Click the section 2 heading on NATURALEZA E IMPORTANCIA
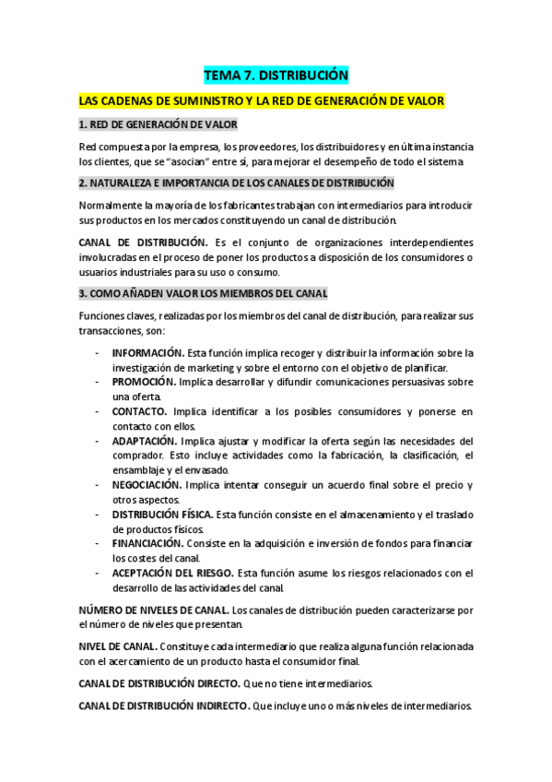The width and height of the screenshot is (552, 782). click(237, 183)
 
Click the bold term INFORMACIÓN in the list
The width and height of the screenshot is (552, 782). click(147, 352)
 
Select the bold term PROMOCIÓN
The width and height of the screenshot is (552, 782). click(144, 381)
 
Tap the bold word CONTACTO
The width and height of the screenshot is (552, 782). click(139, 410)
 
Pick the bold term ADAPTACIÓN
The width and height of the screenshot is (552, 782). click(145, 440)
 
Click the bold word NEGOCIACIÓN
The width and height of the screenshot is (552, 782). click(147, 484)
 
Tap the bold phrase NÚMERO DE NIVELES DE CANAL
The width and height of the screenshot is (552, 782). click(154, 610)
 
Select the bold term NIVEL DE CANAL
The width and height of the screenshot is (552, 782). click(117, 646)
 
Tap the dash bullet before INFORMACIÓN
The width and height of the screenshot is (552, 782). click(98, 352)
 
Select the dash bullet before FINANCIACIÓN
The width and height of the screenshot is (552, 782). click(98, 543)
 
